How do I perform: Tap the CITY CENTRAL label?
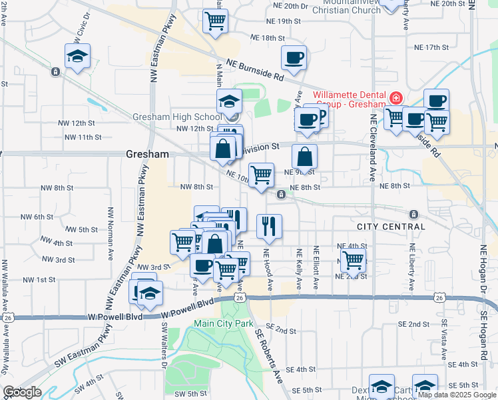391,227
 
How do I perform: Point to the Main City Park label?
224,323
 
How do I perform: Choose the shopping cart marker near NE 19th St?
215,21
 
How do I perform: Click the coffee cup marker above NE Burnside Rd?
294,57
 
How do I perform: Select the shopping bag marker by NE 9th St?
304,157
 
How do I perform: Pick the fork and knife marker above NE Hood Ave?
269,225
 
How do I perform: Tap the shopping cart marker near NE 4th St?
353,260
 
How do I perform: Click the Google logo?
21,392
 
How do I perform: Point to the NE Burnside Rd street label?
255,70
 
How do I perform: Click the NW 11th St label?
83,137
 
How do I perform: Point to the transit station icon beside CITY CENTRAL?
413,215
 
